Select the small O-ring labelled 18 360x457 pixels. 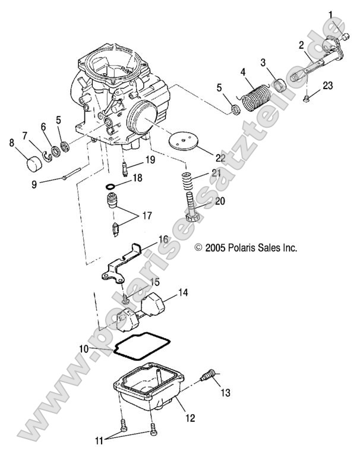click(x=110, y=187)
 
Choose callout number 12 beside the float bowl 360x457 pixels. click(x=189, y=418)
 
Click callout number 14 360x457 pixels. click(x=183, y=292)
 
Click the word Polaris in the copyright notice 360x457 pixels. click(x=238, y=248)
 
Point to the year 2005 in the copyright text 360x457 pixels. click(x=214, y=248)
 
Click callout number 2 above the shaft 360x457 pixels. click(x=301, y=45)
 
